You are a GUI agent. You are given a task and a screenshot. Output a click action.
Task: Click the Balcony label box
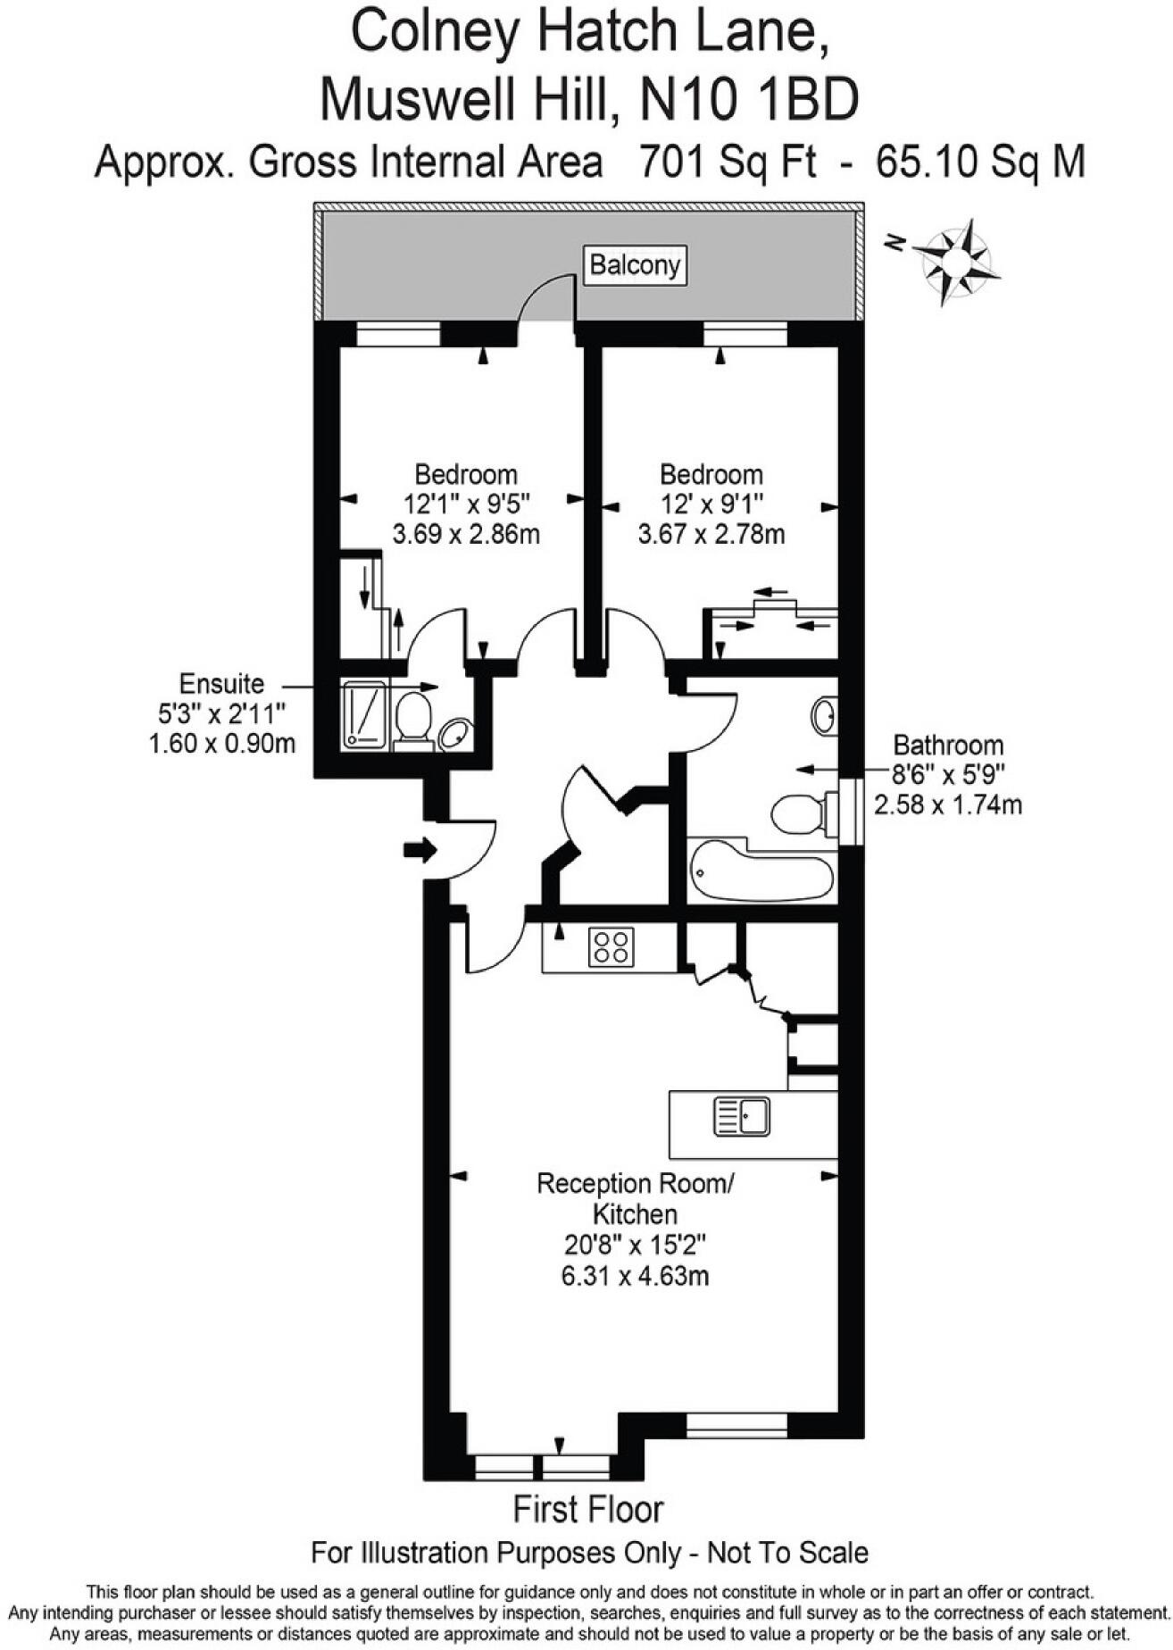pos(635,265)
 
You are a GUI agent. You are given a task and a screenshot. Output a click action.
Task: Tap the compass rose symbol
pos(956,261)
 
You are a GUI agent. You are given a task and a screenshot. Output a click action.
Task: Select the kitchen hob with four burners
pos(611,947)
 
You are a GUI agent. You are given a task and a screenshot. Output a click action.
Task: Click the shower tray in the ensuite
pos(364,714)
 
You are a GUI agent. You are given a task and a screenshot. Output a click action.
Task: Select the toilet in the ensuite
pos(413,718)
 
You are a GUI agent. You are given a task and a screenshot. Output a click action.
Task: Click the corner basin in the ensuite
pos(455,734)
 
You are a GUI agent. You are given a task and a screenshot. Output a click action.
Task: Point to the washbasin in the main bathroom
pos(825,715)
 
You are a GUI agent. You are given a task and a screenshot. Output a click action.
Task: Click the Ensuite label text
pos(221,684)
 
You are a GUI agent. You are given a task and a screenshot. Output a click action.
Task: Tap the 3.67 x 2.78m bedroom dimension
pos(711,535)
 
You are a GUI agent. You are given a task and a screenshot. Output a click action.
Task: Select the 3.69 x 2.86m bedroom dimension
pos(466,535)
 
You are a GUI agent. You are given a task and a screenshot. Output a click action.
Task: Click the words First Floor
pos(588,1510)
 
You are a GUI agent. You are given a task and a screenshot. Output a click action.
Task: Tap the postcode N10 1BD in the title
pos(750,98)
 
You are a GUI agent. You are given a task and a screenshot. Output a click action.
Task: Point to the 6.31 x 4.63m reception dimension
pos(635,1275)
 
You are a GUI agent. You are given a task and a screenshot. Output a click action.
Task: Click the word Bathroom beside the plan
pos(948,745)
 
